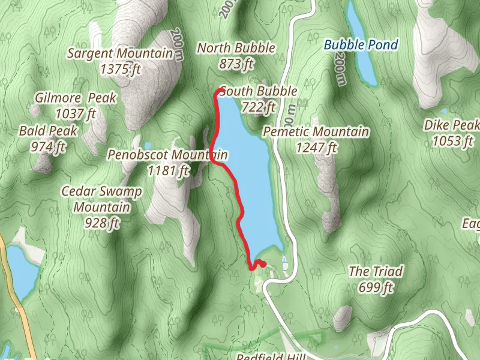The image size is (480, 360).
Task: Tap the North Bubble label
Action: [x=236, y=48]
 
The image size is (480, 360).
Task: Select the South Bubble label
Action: [x=259, y=91]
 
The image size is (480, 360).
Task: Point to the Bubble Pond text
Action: [x=361, y=44]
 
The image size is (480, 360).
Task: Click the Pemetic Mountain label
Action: [x=316, y=131]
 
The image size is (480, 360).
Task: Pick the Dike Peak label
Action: [x=452, y=125]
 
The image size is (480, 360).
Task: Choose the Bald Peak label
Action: [x=42, y=131]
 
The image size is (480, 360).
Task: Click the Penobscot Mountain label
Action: [x=168, y=155]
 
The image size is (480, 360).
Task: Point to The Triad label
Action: [x=376, y=271]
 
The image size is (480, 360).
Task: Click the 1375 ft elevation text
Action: [x=120, y=70]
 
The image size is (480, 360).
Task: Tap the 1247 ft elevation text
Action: [x=316, y=147]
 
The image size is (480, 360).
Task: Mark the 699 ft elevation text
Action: [x=376, y=287]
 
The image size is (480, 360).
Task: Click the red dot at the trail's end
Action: [x=262, y=263]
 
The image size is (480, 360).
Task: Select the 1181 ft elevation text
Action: [x=168, y=171]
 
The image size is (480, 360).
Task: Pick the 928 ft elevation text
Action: [x=102, y=223]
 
